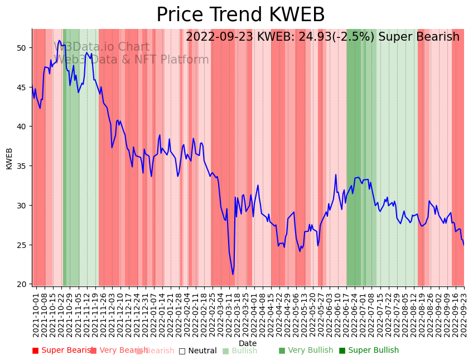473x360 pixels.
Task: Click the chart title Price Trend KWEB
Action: pyautogui.click(x=240, y=15)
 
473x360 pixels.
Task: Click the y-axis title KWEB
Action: pyautogui.click(x=9, y=158)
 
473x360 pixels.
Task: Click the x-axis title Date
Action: pyautogui.click(x=248, y=343)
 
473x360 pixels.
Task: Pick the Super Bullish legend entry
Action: pyautogui.click(x=369, y=351)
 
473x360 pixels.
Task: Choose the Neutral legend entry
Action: pyautogui.click(x=198, y=351)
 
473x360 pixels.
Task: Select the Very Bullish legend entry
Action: pyautogui.click(x=306, y=351)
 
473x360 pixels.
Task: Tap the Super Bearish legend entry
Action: pyautogui.click(x=62, y=351)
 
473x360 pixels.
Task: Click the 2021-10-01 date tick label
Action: pyautogui.click(x=36, y=313)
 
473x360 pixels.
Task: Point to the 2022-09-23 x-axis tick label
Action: pyautogui.click(x=464, y=313)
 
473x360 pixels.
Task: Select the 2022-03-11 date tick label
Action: pyautogui.click(x=229, y=313)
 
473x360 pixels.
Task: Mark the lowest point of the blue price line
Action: pyautogui.click(x=233, y=274)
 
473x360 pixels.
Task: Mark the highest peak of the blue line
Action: pyautogui.click(x=60, y=41)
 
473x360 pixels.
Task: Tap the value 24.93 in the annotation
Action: pyautogui.click(x=285, y=37)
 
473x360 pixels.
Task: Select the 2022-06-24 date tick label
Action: pyautogui.click(x=355, y=313)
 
